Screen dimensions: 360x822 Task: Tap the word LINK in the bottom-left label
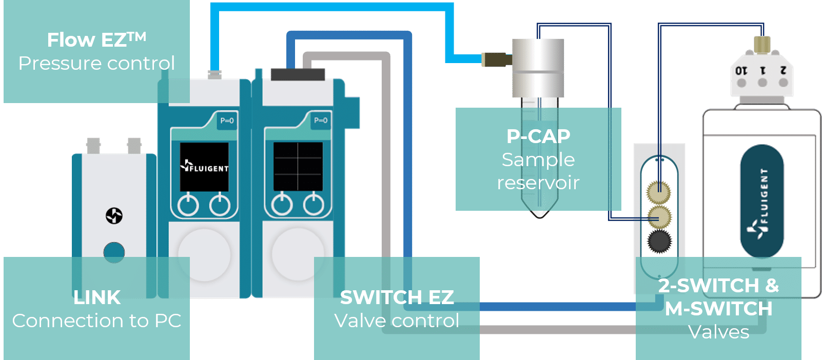click(x=97, y=297)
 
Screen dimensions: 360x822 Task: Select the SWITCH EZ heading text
click(x=397, y=297)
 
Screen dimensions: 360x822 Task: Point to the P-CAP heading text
click(x=538, y=136)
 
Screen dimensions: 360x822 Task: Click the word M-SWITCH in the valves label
click(x=718, y=309)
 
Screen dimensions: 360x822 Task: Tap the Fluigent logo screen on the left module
click(x=204, y=167)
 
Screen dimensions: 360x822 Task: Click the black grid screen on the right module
click(x=298, y=166)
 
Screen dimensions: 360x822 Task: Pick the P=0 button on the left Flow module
click(x=227, y=121)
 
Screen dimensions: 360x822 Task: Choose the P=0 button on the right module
click(x=321, y=121)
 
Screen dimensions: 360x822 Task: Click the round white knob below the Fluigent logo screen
click(x=204, y=254)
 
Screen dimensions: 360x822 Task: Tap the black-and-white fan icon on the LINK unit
click(x=114, y=216)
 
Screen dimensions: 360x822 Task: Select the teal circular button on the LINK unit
click(x=114, y=252)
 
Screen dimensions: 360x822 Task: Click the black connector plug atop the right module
click(x=298, y=74)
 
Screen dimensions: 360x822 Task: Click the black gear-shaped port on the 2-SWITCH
click(x=659, y=242)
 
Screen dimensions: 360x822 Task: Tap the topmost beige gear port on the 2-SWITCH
click(x=659, y=192)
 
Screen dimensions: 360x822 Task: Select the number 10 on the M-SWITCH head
click(x=741, y=71)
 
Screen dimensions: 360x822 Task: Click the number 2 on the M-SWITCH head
click(x=783, y=70)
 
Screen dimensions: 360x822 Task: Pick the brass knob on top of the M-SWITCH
click(x=762, y=44)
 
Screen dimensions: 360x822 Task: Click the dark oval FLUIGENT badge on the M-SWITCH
click(x=761, y=201)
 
